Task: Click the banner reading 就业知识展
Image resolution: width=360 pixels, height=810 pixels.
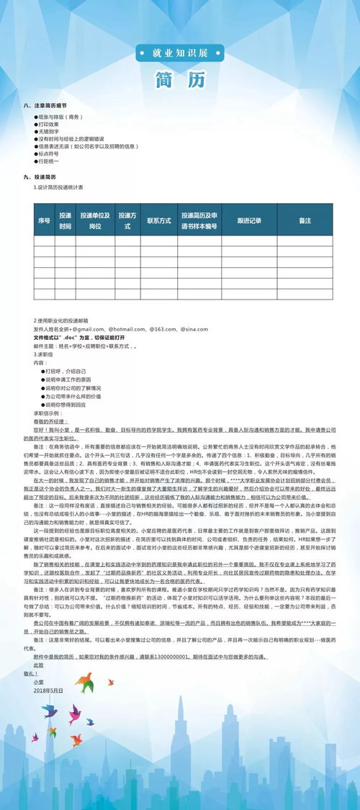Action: pyautogui.click(x=180, y=53)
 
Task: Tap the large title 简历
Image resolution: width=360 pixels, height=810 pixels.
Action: pyautogui.click(x=180, y=79)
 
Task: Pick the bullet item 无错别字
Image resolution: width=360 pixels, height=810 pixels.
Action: pyautogui.click(x=50, y=132)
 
